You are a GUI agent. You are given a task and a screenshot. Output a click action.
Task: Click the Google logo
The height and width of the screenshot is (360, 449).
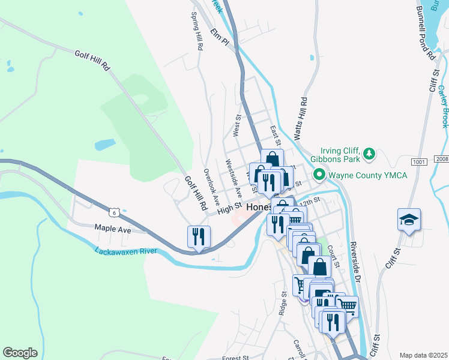click(x=20, y=353)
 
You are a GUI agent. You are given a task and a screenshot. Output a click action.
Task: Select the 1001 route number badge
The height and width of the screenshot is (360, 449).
click(x=419, y=162)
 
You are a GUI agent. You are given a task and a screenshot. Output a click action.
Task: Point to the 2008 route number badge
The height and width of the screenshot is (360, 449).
click(x=442, y=158)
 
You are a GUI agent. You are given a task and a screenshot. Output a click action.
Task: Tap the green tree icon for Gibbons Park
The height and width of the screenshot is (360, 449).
click(x=370, y=155)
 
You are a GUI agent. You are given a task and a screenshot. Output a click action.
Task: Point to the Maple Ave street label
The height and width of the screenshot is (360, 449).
click(x=112, y=229)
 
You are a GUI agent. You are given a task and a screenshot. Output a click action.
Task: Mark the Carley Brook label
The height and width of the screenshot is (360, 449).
click(x=443, y=106)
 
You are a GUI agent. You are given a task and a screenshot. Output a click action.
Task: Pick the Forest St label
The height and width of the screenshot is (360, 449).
click(x=235, y=358)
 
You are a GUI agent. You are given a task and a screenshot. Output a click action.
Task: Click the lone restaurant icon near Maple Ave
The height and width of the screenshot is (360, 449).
click(x=199, y=236)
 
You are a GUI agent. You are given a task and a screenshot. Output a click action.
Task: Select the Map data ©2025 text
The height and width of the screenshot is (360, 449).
click(x=423, y=355)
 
